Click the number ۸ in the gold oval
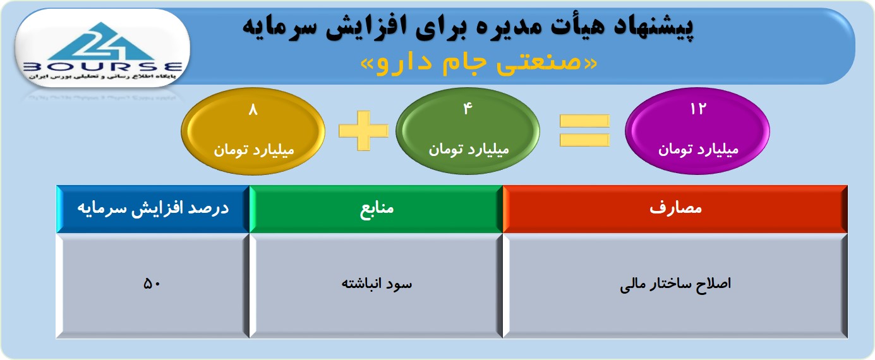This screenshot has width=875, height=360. tap(253, 110)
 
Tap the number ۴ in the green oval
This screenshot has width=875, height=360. tap(468, 108)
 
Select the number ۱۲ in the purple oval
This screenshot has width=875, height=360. tap(698, 109)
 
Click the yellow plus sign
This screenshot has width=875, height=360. tap(363, 130)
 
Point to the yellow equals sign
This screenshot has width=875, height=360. tap(584, 130)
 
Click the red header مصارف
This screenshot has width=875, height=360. tap(675, 209)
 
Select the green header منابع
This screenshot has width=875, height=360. tap(376, 209)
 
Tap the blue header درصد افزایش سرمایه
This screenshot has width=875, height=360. tap(153, 209)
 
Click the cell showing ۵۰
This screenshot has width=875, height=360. tap(153, 286)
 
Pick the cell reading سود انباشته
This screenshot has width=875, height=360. tap(376, 286)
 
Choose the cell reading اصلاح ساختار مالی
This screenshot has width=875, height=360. tap(675, 286)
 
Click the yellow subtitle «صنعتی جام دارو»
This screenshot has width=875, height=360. tap(478, 63)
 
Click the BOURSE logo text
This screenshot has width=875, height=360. tap(103, 67)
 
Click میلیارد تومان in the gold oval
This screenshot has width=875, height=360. tap(253, 150)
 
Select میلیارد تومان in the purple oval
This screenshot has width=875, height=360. tap(698, 150)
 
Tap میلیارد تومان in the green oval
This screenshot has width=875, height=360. tap(468, 150)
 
